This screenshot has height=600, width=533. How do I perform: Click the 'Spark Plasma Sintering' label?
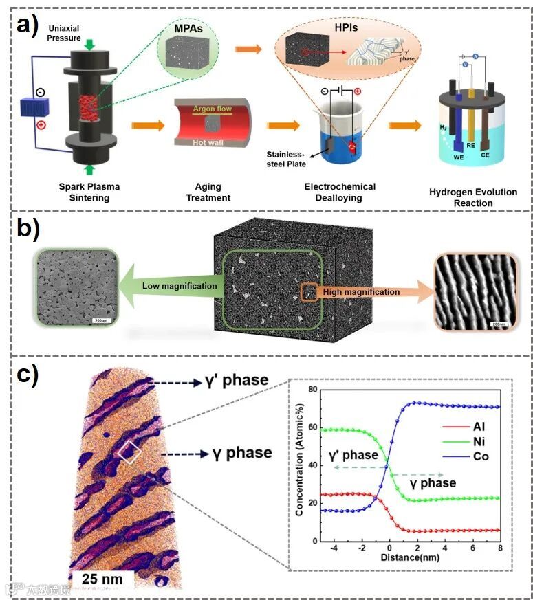[x=80, y=192]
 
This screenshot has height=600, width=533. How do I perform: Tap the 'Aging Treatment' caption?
[x=203, y=192]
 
